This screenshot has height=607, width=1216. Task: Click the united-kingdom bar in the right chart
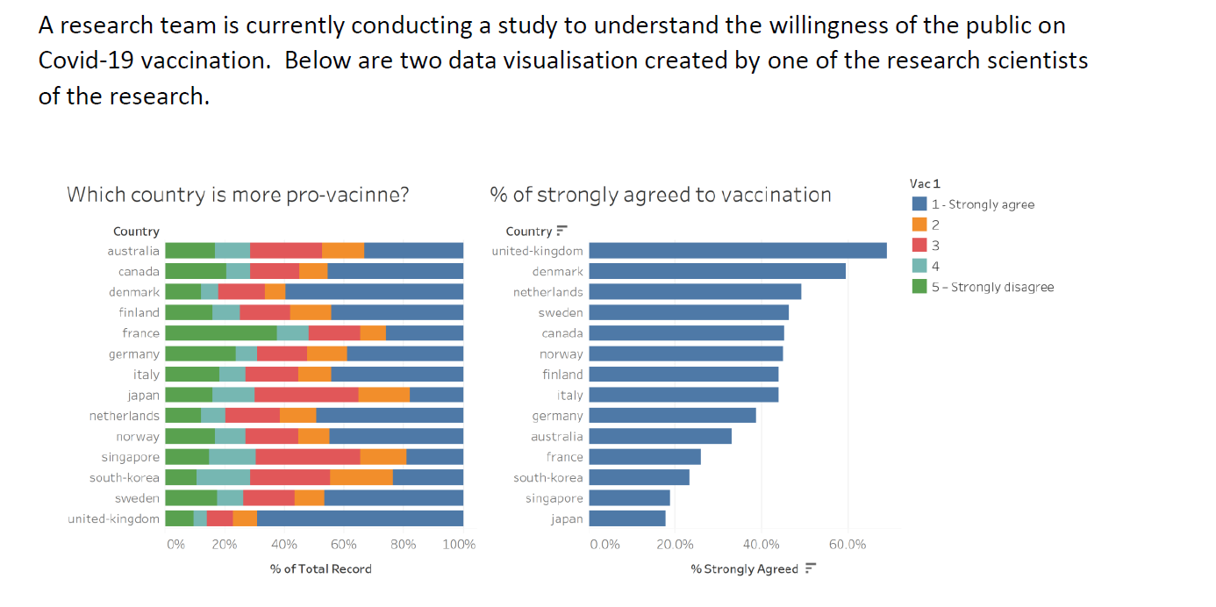(737, 251)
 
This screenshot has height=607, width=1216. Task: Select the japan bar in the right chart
(626, 518)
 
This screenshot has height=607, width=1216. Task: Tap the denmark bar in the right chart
(717, 271)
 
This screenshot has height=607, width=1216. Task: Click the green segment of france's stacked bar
(220, 332)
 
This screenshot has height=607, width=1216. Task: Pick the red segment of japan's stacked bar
(306, 395)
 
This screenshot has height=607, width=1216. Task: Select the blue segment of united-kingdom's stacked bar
(360, 518)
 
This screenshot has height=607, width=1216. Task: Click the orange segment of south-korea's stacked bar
(361, 477)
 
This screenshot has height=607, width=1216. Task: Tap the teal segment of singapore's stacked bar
(232, 457)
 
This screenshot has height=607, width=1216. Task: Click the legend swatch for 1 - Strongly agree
(919, 204)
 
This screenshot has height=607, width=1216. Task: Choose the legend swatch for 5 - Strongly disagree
(919, 287)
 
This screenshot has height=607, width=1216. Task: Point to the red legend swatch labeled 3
(919, 246)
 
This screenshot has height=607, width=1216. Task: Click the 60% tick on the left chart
(343, 545)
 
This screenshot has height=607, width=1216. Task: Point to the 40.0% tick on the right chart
(761, 545)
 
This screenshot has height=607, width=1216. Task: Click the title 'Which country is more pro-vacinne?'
(238, 195)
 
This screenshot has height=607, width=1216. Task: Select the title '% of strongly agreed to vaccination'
(660, 195)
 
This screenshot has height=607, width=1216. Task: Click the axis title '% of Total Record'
(320, 569)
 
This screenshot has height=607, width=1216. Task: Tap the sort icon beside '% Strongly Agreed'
(811, 569)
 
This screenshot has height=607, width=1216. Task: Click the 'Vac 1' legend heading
(925, 183)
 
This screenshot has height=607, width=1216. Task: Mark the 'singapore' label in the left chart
(131, 457)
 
